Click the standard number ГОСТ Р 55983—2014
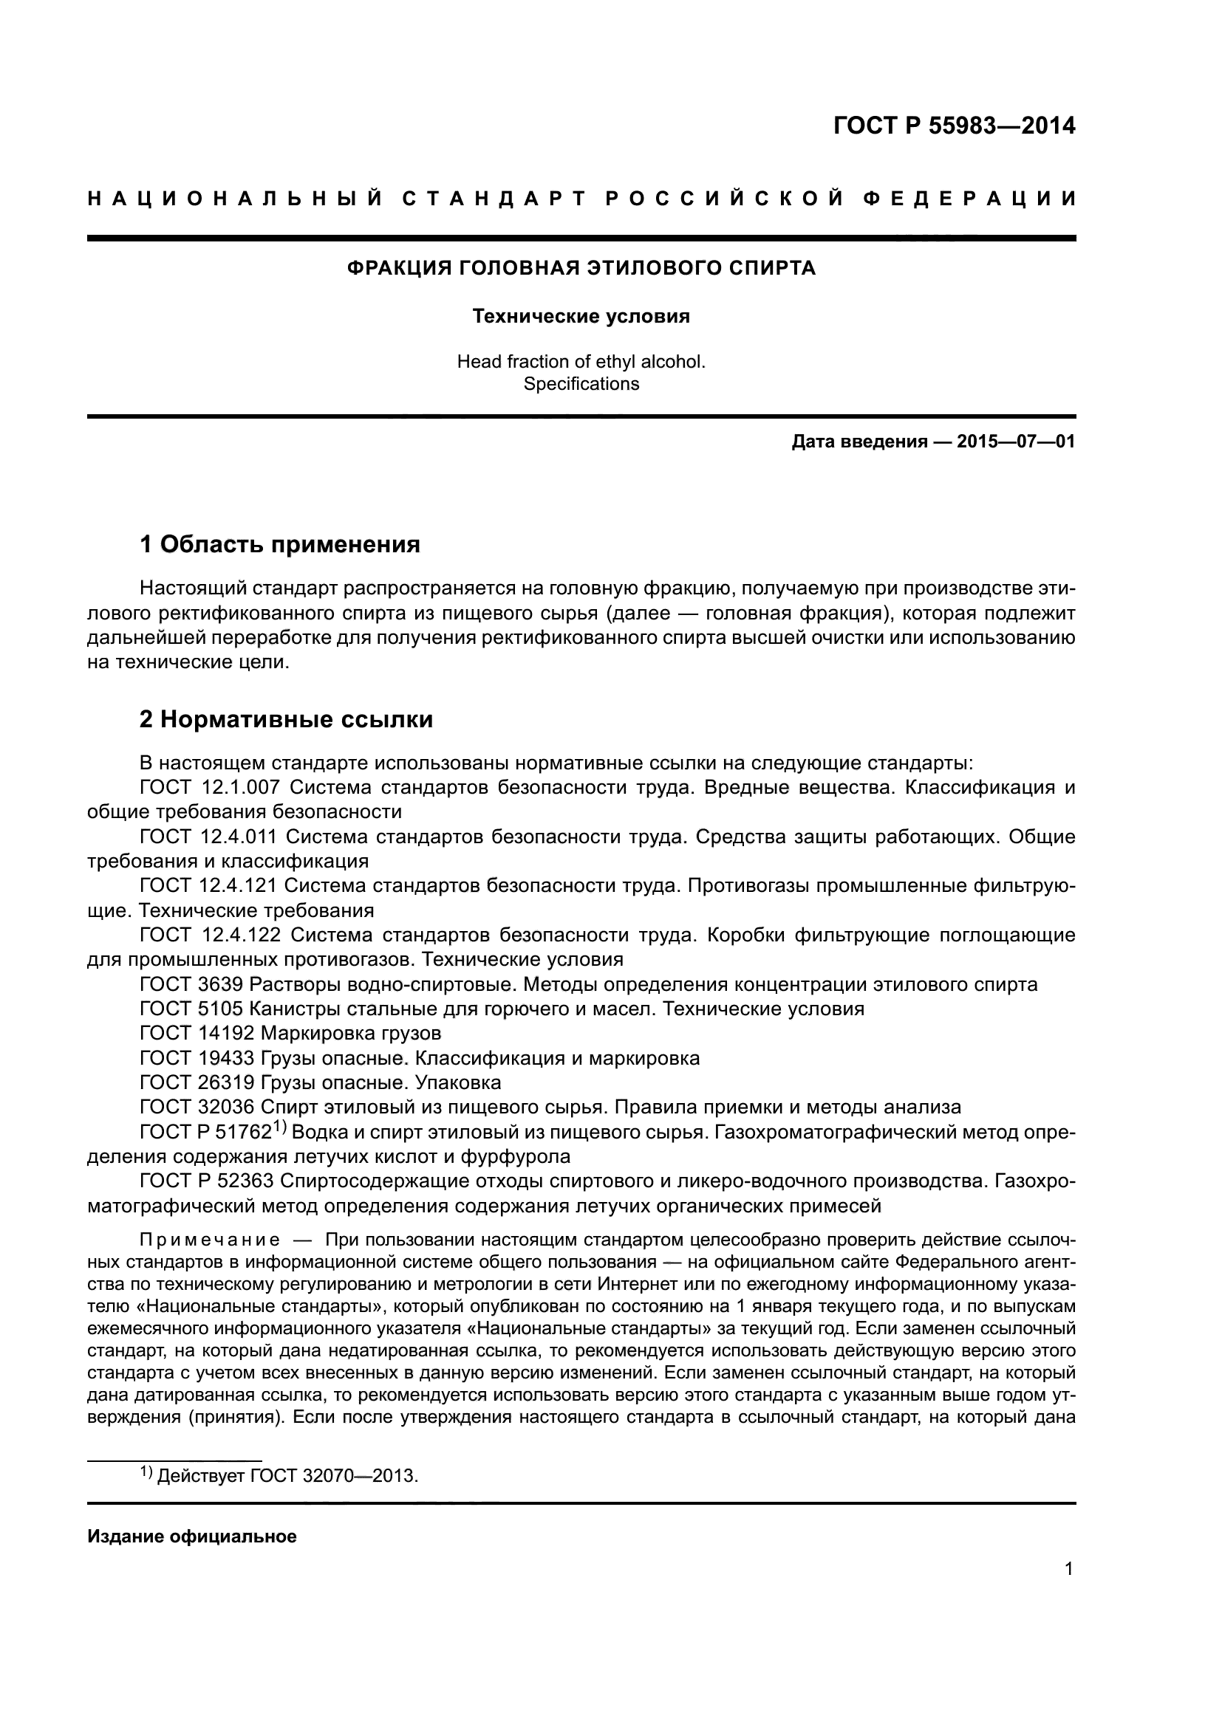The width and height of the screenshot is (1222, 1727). pyautogui.click(x=954, y=126)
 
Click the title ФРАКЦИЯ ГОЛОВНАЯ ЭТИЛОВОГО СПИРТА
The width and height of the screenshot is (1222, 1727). pyautogui.click(x=581, y=268)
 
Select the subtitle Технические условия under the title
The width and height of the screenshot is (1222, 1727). pyautogui.click(x=581, y=317)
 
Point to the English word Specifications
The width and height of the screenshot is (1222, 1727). pyautogui.click(x=581, y=385)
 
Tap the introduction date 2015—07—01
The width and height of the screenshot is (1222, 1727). pyautogui.click(x=1015, y=442)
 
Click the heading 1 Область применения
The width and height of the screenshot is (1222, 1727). pyautogui.click(x=280, y=544)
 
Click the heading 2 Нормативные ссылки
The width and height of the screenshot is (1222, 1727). pyautogui.click(x=286, y=720)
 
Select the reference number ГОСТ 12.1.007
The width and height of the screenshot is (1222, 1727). pyautogui.click(x=210, y=788)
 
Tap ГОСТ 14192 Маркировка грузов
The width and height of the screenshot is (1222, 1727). pyautogui.click(x=290, y=1034)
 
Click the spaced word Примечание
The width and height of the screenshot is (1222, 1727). pyautogui.click(x=210, y=1240)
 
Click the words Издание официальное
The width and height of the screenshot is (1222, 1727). pyautogui.click(x=192, y=1537)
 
